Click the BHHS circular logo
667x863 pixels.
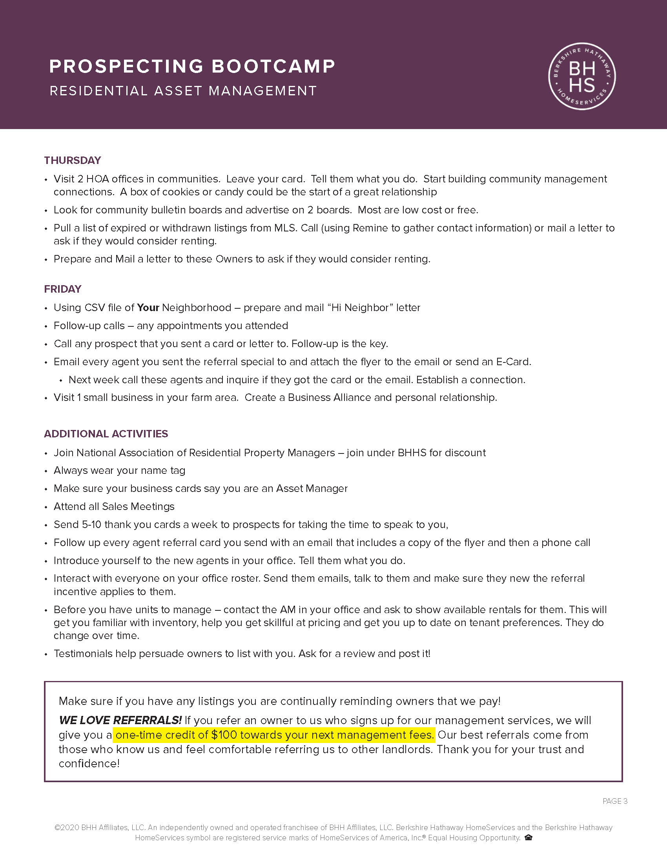click(581, 76)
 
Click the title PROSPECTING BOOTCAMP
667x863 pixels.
click(192, 66)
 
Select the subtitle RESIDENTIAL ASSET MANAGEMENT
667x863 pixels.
click(183, 91)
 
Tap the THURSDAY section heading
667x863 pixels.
click(72, 160)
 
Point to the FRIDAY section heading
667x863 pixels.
click(62, 289)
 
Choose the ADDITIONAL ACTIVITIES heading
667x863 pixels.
click(106, 434)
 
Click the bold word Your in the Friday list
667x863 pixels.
click(148, 308)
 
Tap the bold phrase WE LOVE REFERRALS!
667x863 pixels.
click(120, 720)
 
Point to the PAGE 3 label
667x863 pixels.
click(615, 801)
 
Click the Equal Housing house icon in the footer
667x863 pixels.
click(528, 838)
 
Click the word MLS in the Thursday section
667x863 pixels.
click(285, 228)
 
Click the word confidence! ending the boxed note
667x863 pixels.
click(89, 763)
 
